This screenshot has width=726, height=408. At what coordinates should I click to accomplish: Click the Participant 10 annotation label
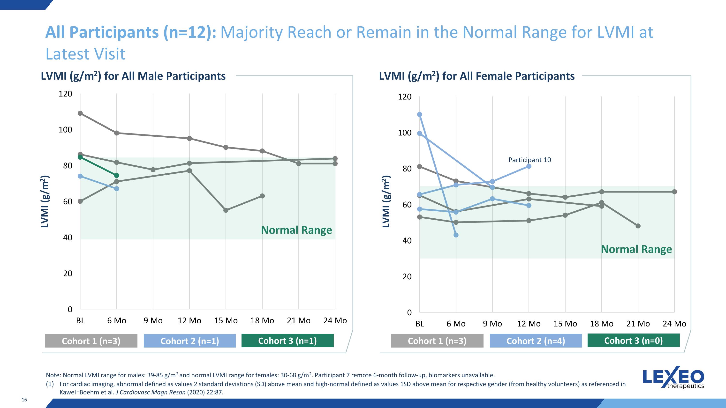(x=529, y=160)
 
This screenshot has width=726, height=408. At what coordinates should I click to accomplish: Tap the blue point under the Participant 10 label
(x=529, y=166)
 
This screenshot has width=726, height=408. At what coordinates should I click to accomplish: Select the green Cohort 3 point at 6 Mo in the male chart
(x=117, y=175)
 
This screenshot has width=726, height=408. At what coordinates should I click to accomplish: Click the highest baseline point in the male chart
(x=80, y=113)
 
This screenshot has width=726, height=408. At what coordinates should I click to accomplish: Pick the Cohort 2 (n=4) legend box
(x=536, y=341)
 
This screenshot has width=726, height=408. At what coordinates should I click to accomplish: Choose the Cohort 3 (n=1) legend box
(x=287, y=341)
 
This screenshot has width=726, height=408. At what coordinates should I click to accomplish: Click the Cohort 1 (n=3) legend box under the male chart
(x=91, y=341)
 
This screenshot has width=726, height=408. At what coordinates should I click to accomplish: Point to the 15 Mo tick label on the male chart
(x=226, y=320)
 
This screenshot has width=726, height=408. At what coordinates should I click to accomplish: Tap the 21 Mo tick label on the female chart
(x=638, y=324)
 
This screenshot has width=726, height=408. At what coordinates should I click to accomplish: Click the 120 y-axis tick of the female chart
(x=405, y=96)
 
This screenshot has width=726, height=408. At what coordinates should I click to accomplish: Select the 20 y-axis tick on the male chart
(x=68, y=273)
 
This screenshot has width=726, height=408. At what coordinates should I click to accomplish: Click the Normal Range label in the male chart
(x=296, y=230)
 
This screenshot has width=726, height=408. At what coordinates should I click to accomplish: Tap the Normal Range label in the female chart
(x=636, y=249)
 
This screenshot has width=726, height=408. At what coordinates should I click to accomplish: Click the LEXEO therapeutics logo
(x=673, y=377)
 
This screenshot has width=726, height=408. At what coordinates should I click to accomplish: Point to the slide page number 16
(x=24, y=400)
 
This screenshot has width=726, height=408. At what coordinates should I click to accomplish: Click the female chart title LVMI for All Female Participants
(x=476, y=76)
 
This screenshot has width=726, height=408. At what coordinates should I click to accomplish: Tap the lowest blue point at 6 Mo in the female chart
(x=456, y=235)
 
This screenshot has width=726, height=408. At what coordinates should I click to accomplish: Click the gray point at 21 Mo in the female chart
(x=638, y=226)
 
